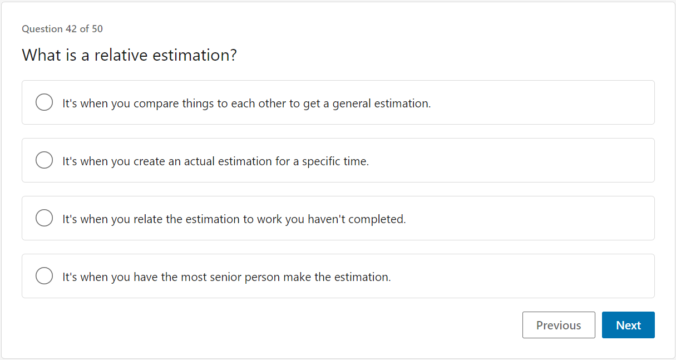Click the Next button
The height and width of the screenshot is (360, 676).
coord(628,326)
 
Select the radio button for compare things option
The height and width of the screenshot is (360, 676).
coord(44,103)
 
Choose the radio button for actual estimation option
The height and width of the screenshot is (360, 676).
coord(44,161)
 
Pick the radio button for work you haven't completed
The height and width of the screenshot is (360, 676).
coord(44,219)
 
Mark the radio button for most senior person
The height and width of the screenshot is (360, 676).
coord(44,277)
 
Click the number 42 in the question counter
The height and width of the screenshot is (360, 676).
coord(71,29)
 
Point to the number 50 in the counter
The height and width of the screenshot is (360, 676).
coord(97,29)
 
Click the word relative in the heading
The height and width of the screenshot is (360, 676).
coord(121,55)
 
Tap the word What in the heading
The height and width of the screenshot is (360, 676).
coord(42,55)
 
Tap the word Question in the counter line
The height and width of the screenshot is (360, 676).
coord(42,29)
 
